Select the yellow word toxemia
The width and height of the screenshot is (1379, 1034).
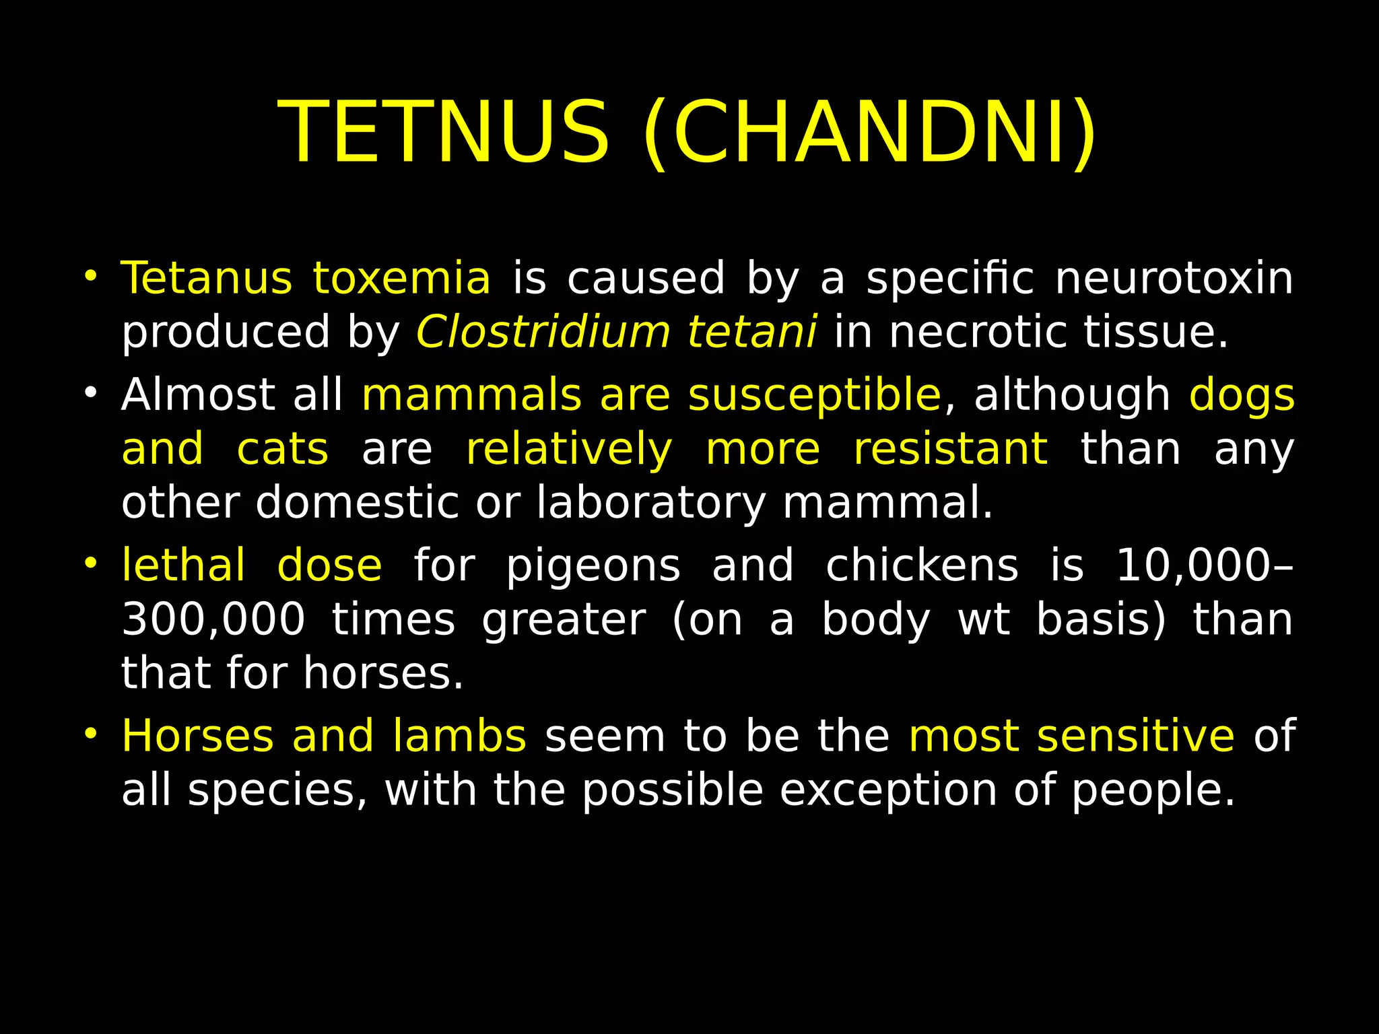(401, 278)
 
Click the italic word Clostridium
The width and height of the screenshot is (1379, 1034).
(543, 332)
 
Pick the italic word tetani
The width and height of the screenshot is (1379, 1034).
(752, 332)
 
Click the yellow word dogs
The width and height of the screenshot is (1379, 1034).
(1242, 396)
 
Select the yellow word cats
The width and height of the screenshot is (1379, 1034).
(283, 449)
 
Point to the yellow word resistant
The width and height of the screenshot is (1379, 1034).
(950, 449)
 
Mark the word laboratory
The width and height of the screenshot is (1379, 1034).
(651, 504)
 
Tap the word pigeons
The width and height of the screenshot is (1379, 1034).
(593, 567)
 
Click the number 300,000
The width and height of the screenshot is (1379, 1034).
(213, 619)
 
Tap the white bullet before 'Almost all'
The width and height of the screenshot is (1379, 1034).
(92, 392)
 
